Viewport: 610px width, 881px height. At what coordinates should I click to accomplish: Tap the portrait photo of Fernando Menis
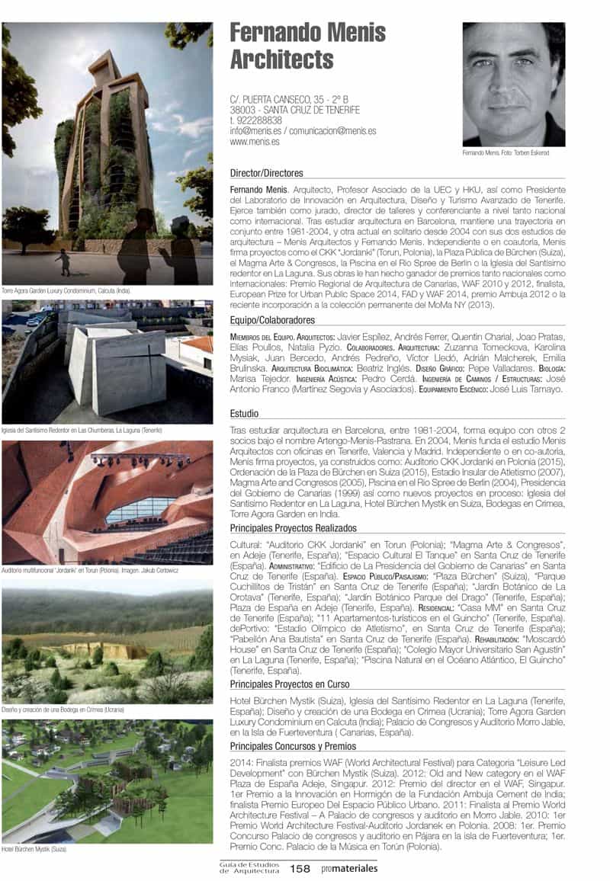click(513, 84)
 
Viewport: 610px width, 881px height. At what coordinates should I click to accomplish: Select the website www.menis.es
click(254, 141)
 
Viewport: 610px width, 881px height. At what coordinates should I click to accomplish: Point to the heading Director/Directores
click(266, 173)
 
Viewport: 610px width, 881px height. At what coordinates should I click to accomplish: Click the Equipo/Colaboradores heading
click(271, 320)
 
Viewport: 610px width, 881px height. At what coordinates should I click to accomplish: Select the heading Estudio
click(244, 414)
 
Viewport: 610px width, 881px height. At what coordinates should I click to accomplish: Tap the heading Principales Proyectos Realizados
click(294, 527)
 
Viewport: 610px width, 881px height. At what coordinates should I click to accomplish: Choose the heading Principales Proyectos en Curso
click(289, 684)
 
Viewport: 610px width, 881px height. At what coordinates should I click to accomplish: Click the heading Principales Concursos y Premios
click(293, 746)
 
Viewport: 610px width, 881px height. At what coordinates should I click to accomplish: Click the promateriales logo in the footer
click(349, 868)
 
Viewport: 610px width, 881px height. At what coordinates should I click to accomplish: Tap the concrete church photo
click(107, 362)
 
